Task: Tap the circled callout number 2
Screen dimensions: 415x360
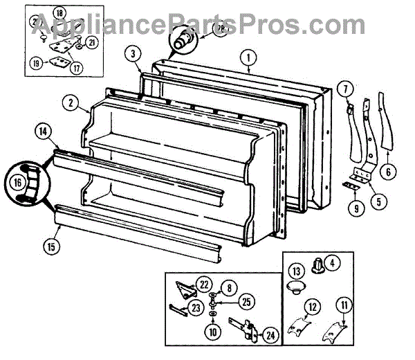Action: [71, 103]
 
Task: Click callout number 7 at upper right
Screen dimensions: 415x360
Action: [342, 89]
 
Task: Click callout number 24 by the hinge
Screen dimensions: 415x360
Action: [270, 335]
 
